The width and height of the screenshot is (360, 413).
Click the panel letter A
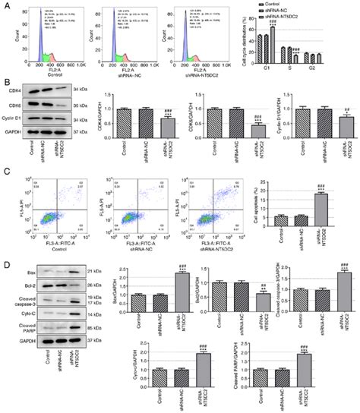point(5,5)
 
